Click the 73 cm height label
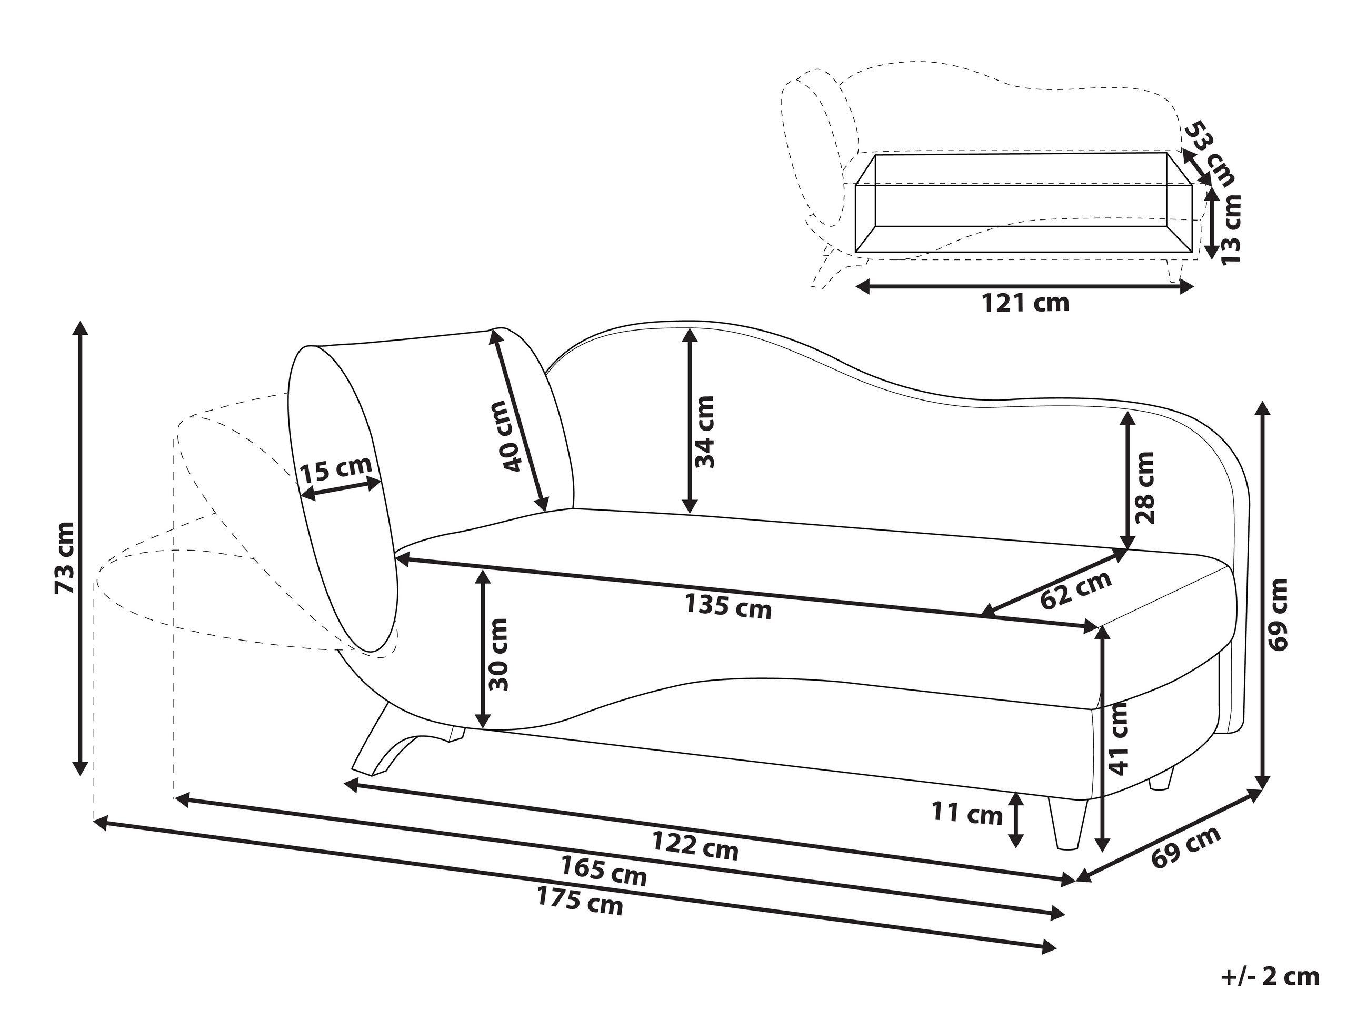tap(65, 558)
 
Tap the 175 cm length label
tap(580, 901)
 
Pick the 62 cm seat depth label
tap(1076, 590)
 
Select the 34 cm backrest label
tap(705, 431)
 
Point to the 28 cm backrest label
tap(1145, 487)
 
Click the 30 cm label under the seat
tap(498, 654)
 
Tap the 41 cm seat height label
tap(1119, 738)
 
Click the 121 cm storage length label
tap(1025, 303)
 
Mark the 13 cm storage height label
tap(1231, 229)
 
